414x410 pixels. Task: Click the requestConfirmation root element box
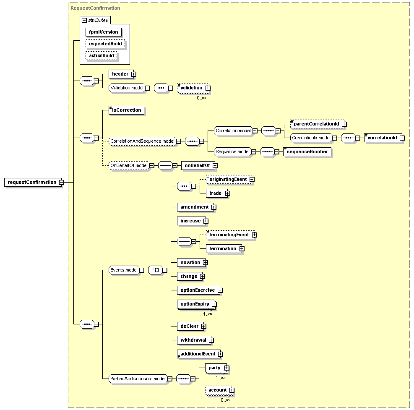pos(33,182)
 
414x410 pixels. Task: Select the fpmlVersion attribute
pos(104,32)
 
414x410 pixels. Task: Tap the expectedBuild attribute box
pos(105,44)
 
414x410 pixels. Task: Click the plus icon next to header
pos(134,74)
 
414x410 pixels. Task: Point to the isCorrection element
pos(127,110)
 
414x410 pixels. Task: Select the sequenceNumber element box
pos(307,151)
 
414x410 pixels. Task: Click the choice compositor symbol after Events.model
pos(156,270)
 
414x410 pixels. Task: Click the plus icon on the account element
pos(232,390)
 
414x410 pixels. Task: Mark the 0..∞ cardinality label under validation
pos(201,98)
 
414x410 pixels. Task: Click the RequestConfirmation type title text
pos(95,8)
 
